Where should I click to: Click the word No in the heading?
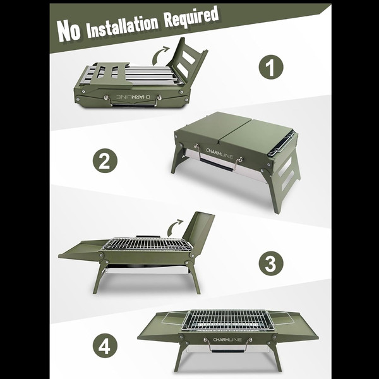tap(69, 31)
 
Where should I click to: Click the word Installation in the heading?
tap(123, 25)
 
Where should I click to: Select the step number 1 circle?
tap(271, 67)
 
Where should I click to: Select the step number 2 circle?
tap(105, 160)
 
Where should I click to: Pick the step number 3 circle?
tap(271, 263)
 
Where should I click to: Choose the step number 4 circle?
tap(105, 346)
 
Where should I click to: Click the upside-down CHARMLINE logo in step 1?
tap(133, 97)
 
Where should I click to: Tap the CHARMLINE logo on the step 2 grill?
tap(219, 153)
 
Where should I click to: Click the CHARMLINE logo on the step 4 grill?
tap(227, 340)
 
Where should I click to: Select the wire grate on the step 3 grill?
tap(147, 244)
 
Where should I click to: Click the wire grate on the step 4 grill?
tap(227, 320)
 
